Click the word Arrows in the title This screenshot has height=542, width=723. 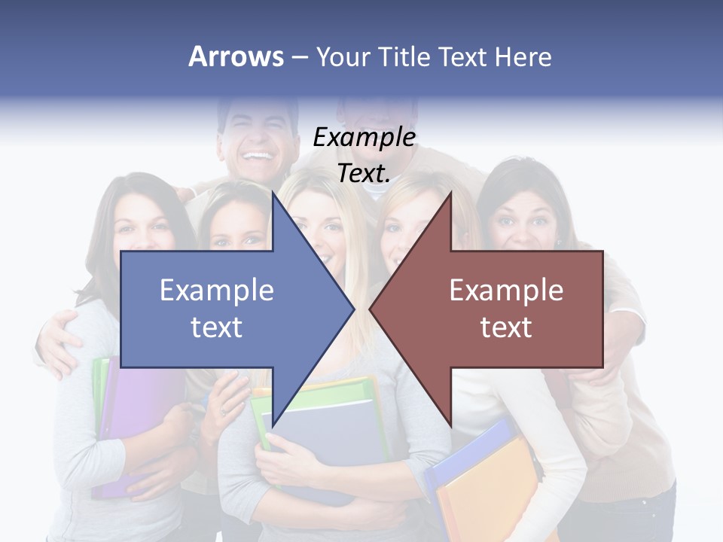click(x=236, y=56)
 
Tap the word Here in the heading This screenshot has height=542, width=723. click(x=523, y=56)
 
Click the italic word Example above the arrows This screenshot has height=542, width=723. click(x=364, y=138)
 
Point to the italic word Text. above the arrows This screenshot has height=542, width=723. click(x=364, y=173)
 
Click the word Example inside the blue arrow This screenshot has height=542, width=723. click(x=217, y=290)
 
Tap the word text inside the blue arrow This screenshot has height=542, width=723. click(x=217, y=327)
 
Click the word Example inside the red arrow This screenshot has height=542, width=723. click(x=506, y=290)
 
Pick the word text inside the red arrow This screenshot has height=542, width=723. click(x=506, y=327)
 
